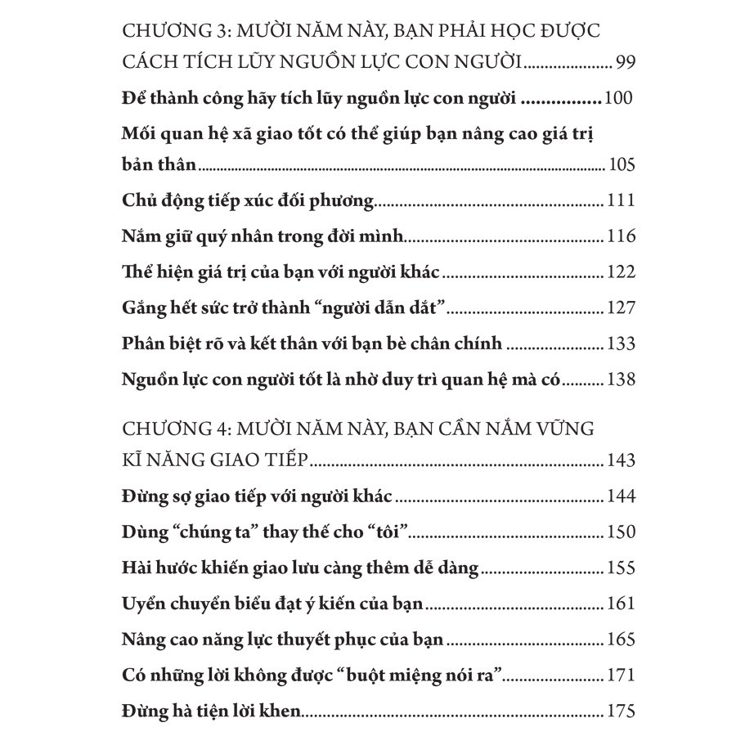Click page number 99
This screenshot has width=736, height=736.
[625, 63]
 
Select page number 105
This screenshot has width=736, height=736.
[622, 165]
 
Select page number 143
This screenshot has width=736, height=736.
[622, 461]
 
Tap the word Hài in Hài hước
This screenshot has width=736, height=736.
[137, 568]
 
